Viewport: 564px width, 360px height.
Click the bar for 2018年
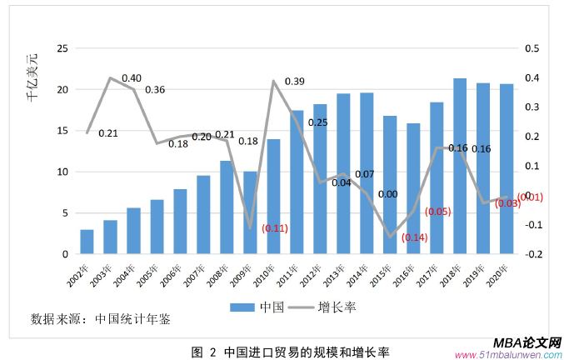coord(459,167)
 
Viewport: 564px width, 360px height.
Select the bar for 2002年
coord(87,242)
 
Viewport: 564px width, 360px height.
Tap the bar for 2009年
coord(250,212)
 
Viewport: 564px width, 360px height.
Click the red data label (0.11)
coord(275,227)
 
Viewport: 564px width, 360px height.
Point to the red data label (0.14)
coord(414,237)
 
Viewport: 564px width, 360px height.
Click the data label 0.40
coord(132,78)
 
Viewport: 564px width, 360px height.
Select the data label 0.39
coord(294,81)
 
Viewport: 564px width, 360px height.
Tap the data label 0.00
coord(387,194)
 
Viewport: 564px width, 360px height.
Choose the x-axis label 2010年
coord(265,271)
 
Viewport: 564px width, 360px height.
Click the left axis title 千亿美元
coord(32,77)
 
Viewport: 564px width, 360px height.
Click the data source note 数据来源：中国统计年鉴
coord(105,317)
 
